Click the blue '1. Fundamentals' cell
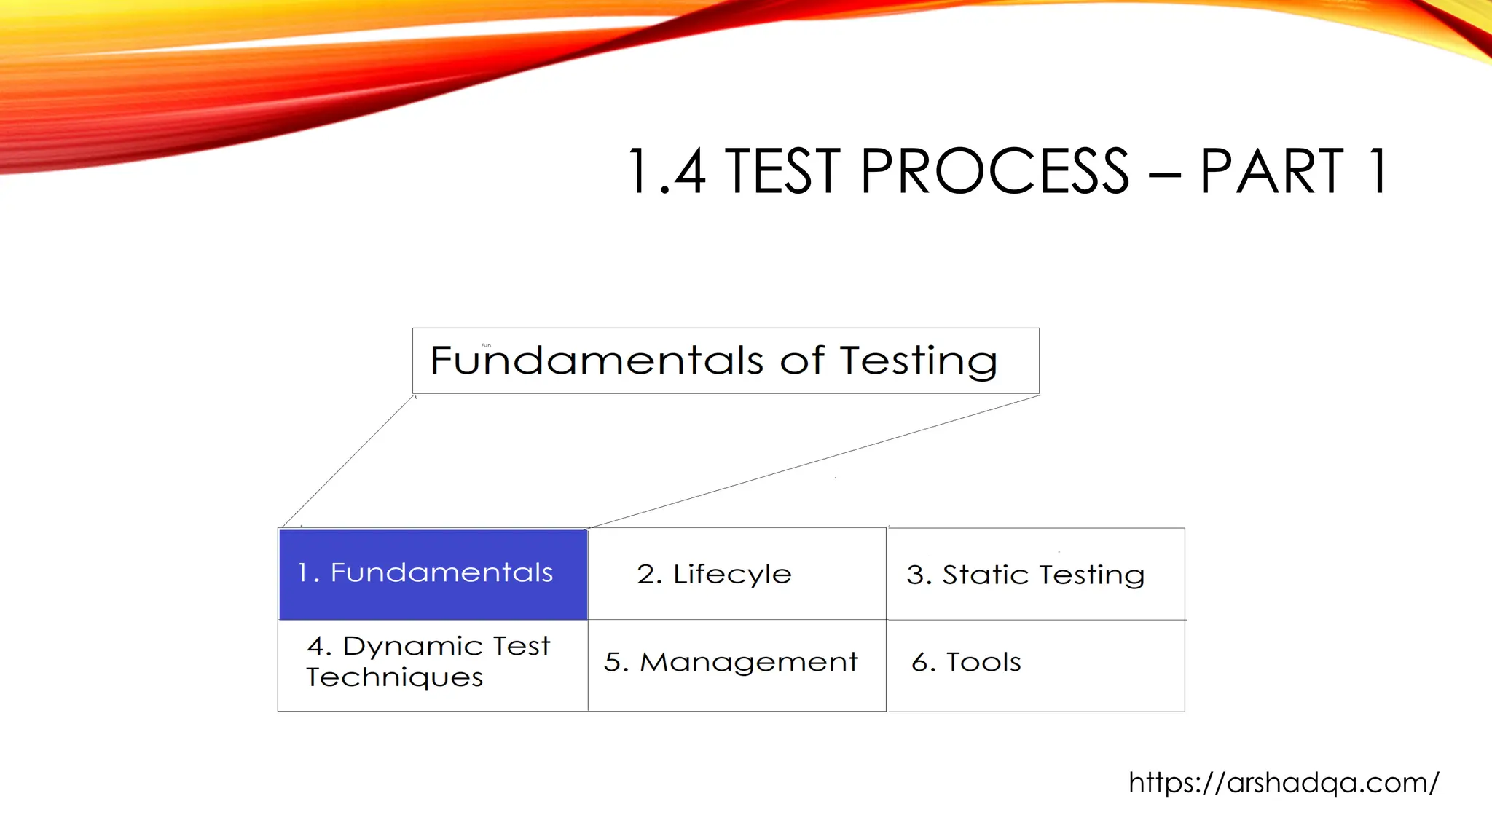click(x=433, y=574)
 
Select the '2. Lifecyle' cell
click(x=736, y=574)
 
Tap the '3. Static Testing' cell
click(x=1034, y=574)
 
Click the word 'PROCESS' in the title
click(x=994, y=171)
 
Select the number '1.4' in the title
click(x=666, y=171)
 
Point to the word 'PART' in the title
click(x=1271, y=171)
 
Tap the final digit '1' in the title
click(x=1377, y=171)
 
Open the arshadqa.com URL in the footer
click(x=1283, y=783)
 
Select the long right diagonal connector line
click(x=814, y=461)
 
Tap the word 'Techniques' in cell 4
click(x=394, y=678)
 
